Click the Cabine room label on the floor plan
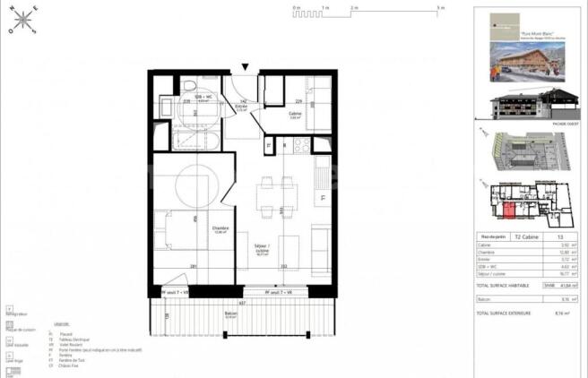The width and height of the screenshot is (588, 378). click(x=295, y=113)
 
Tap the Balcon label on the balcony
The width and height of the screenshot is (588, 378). click(x=231, y=314)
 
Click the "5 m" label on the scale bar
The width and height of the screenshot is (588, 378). click(x=441, y=7)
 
